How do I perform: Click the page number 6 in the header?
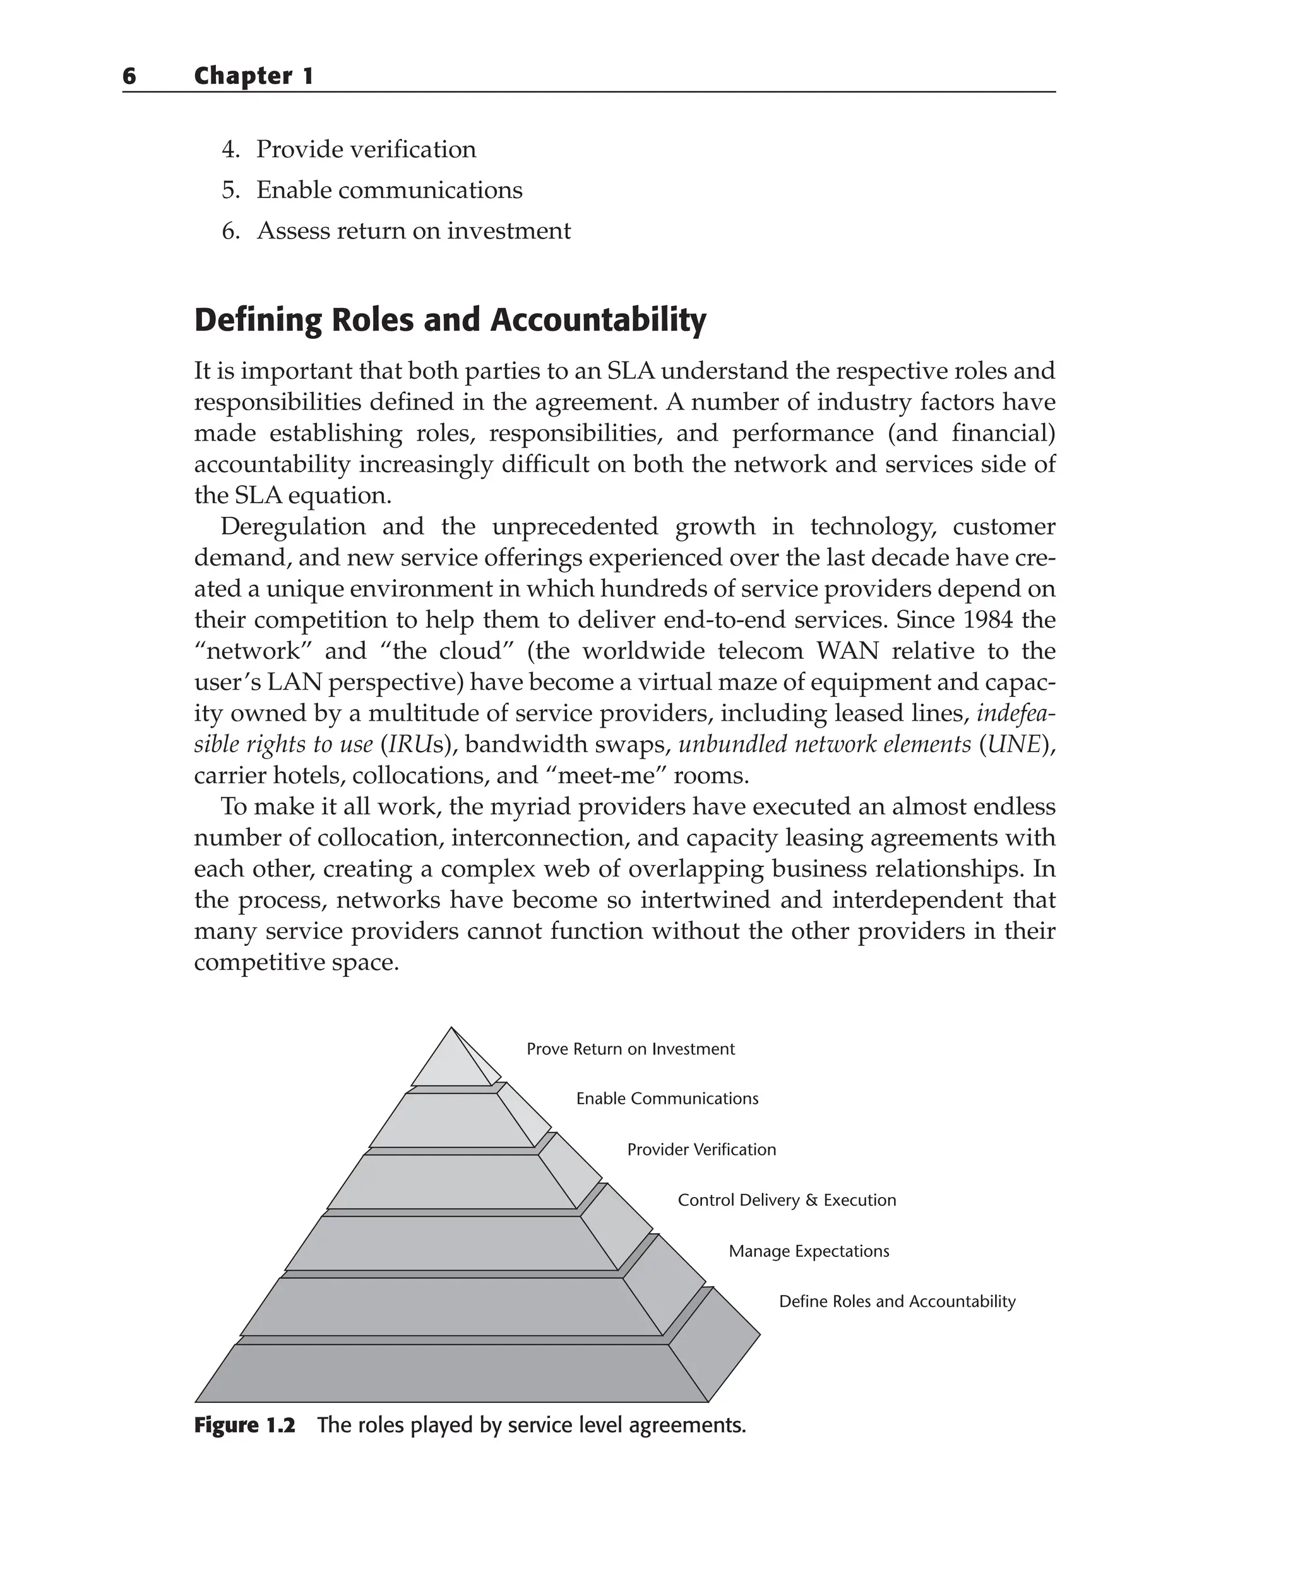point(129,76)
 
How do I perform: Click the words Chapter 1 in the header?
point(253,76)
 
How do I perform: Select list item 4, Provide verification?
point(365,150)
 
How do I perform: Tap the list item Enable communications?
point(389,191)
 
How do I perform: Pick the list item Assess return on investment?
point(414,231)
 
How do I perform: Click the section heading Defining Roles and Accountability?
point(450,320)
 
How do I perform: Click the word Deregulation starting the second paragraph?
point(293,526)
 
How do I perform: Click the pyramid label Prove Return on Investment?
point(630,1049)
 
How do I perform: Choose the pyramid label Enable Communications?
point(667,1099)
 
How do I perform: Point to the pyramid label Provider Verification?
point(701,1150)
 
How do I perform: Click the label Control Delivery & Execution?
point(787,1200)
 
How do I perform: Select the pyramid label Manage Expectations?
point(809,1251)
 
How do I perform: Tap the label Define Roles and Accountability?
point(897,1301)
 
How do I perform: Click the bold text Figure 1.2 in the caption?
point(244,1425)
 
